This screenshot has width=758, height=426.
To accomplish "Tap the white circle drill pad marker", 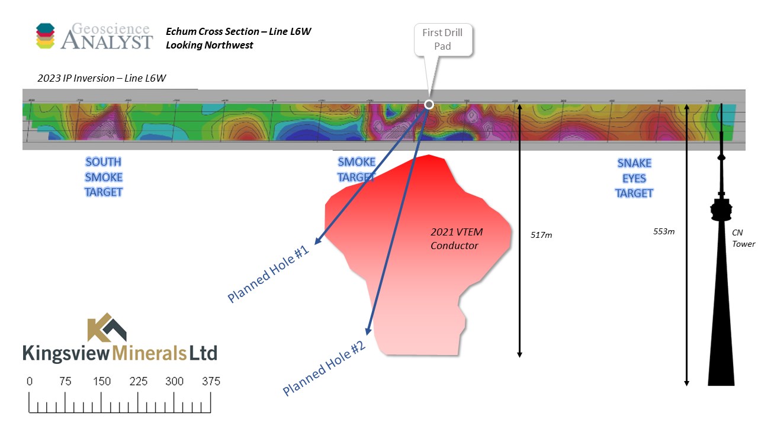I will (429, 105).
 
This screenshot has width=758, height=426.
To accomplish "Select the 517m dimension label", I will (541, 235).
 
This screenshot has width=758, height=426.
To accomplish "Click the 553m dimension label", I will (663, 231).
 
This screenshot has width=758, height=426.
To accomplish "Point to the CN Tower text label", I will (743, 238).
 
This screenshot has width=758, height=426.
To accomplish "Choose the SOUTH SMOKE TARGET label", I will (104, 177).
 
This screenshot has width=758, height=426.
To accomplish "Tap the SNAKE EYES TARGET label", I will (634, 178).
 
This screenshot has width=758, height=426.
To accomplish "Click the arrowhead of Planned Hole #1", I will (317, 242).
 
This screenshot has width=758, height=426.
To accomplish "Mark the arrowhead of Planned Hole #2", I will (368, 333).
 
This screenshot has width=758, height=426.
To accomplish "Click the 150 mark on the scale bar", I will (102, 382).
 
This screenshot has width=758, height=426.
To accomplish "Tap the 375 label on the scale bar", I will (211, 382).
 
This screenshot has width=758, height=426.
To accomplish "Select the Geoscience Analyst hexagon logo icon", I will (45, 35).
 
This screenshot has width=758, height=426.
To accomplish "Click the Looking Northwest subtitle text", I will (210, 45).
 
